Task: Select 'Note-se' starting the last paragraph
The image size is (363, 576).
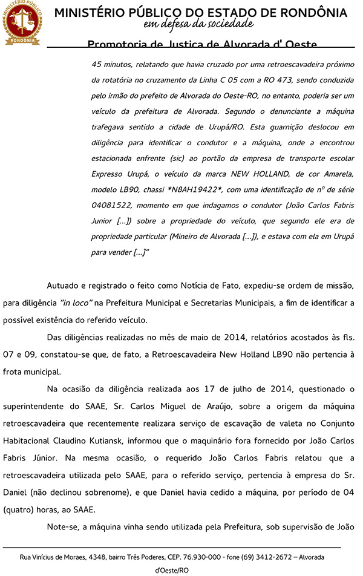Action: [62, 526]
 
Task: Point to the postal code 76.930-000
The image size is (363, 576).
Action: [204, 557]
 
